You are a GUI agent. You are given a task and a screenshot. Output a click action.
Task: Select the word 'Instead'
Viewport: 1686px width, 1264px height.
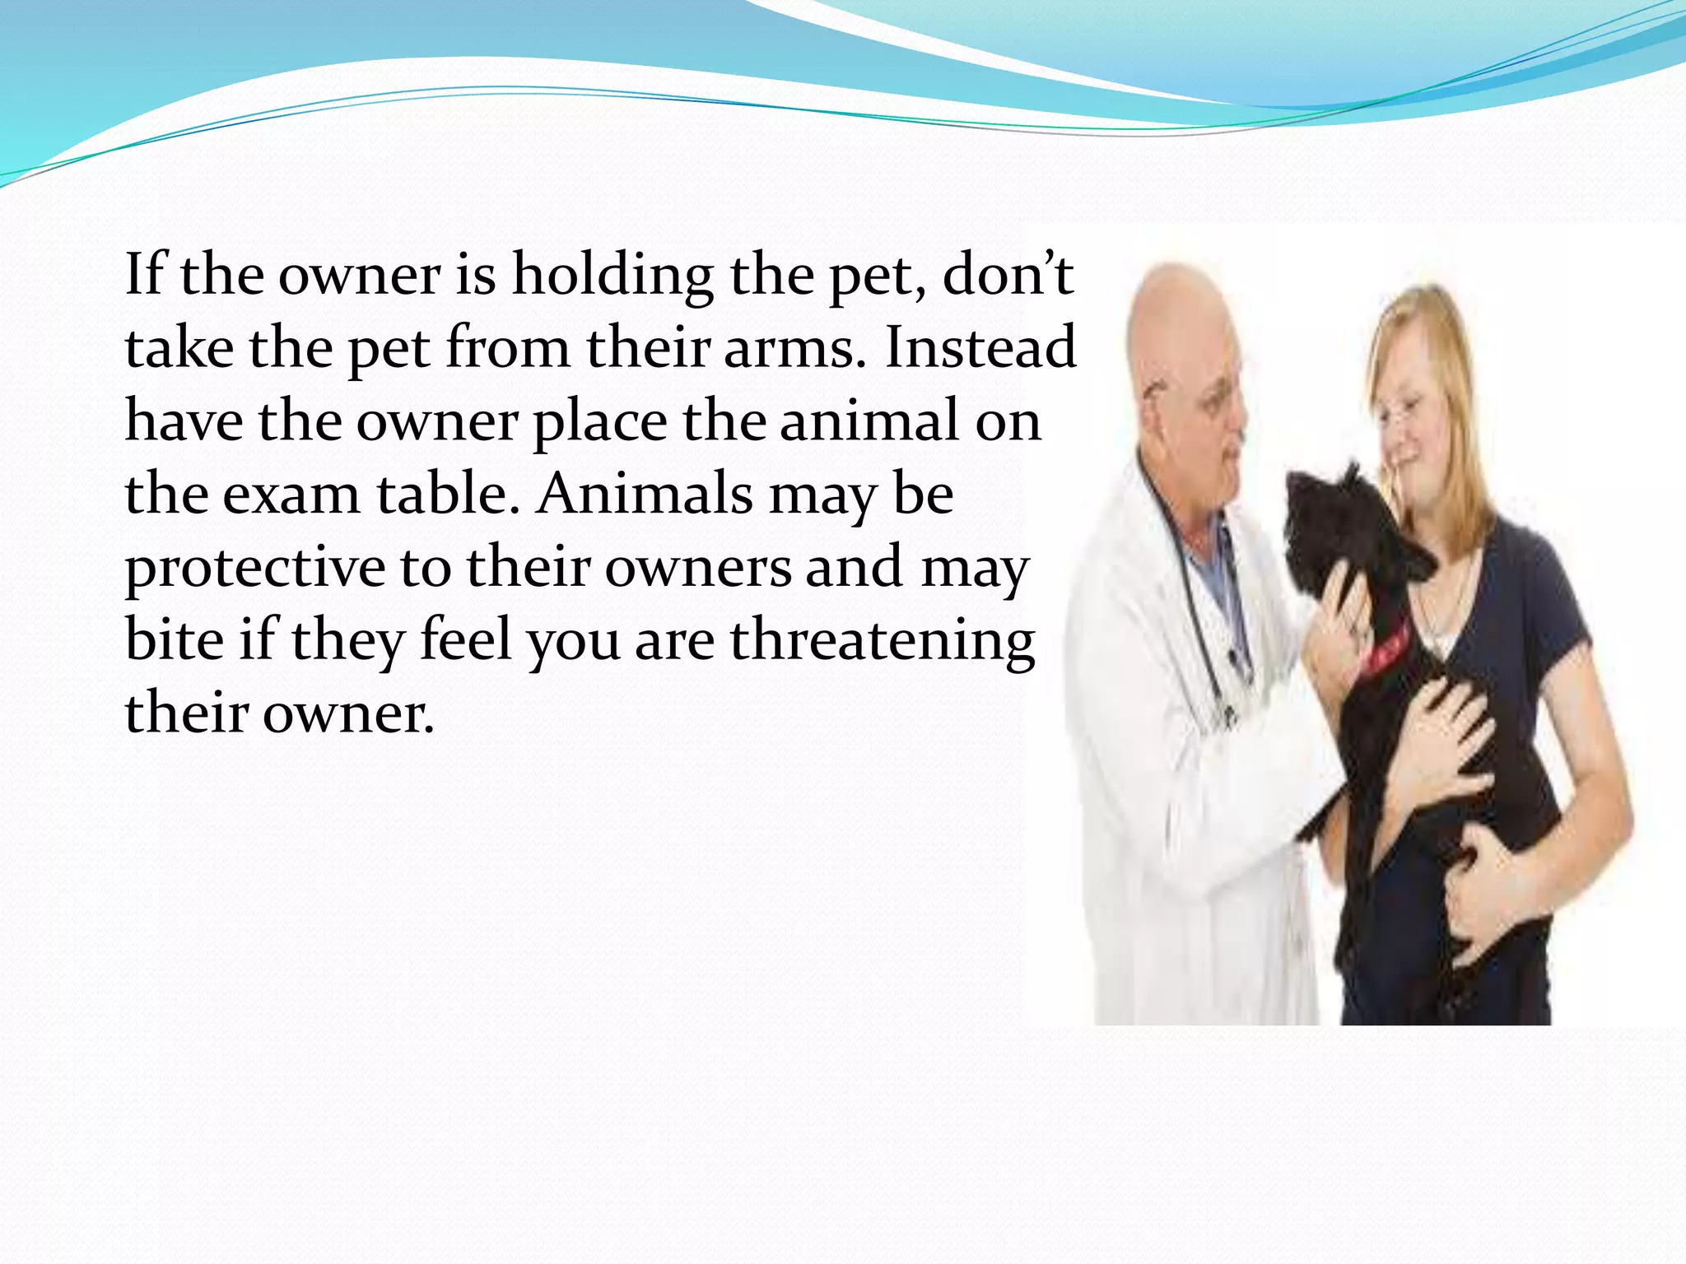980,347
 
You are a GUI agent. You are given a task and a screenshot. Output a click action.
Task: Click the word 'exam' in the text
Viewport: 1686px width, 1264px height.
291,495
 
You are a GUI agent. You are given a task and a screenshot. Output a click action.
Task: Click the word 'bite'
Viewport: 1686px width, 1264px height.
174,640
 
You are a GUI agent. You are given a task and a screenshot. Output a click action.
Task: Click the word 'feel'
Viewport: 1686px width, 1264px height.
466,640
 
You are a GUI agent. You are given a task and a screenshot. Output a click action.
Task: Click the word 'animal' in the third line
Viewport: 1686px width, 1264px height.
869,421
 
